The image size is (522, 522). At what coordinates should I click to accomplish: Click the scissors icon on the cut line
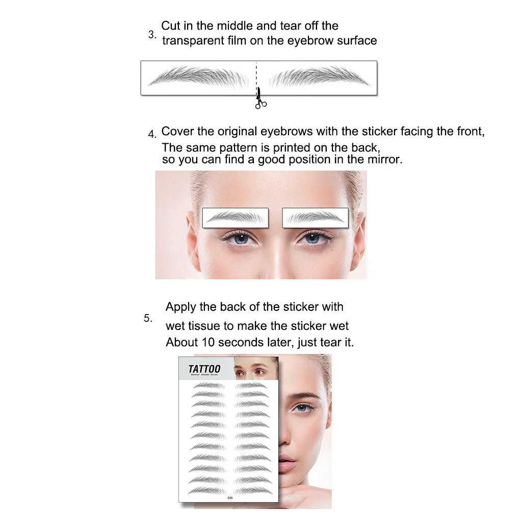[260, 99]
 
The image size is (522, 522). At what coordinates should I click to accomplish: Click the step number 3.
[152, 35]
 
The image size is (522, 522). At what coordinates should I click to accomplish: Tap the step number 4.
[152, 135]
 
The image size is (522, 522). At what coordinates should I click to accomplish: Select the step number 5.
[148, 318]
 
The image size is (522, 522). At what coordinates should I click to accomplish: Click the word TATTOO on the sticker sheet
[204, 369]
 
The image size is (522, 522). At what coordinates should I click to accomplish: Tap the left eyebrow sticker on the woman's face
[235, 218]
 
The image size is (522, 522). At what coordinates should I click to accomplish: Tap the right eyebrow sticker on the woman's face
[315, 218]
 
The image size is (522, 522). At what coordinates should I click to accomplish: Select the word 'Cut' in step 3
[171, 26]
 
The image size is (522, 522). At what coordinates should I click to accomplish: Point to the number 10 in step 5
[207, 343]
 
